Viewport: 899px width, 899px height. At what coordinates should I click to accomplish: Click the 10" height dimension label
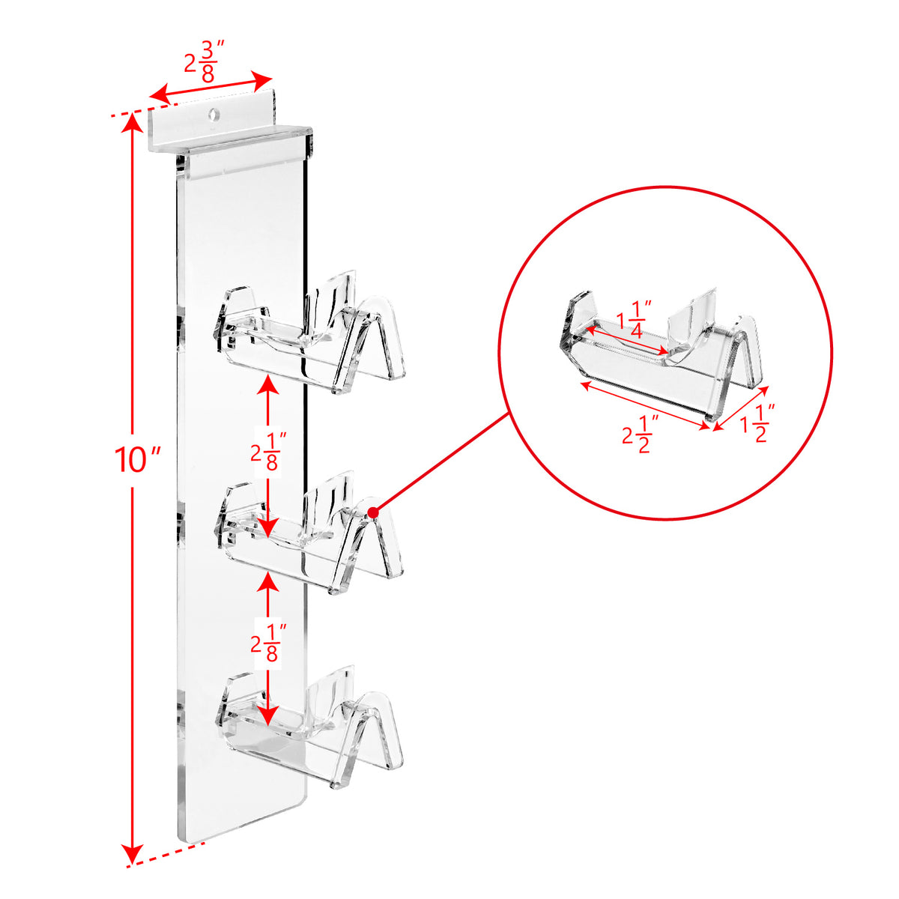point(138,459)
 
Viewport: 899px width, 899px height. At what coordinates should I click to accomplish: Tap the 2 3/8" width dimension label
point(205,61)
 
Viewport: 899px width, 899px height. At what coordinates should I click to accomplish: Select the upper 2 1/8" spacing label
point(269,452)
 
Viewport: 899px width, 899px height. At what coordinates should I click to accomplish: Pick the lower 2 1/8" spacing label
point(269,643)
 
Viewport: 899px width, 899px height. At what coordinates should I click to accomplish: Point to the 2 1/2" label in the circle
point(641,435)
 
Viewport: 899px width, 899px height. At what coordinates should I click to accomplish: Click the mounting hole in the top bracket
point(214,114)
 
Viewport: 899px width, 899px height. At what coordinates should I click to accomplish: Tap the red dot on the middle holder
point(373,513)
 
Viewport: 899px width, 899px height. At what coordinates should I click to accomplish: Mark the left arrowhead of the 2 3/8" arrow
point(160,96)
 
